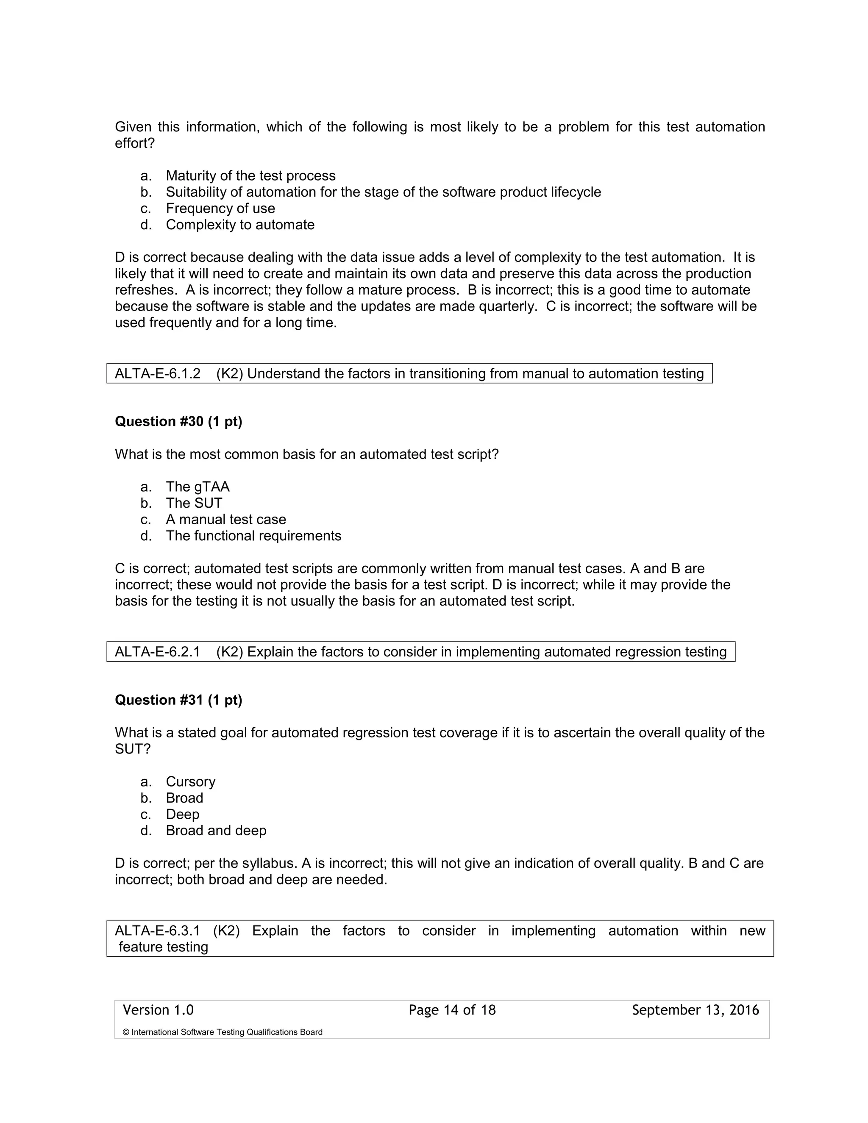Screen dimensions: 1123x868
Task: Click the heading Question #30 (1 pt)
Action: click(x=178, y=421)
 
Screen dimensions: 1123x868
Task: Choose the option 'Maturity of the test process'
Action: click(x=250, y=176)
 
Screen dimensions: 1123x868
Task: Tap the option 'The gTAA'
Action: click(x=198, y=486)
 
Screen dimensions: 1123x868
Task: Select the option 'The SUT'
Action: click(x=194, y=503)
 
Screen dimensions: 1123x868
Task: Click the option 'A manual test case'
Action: click(x=226, y=520)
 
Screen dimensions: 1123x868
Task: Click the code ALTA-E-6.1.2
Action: click(x=157, y=373)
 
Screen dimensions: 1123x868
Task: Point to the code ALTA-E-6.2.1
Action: click(x=157, y=652)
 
